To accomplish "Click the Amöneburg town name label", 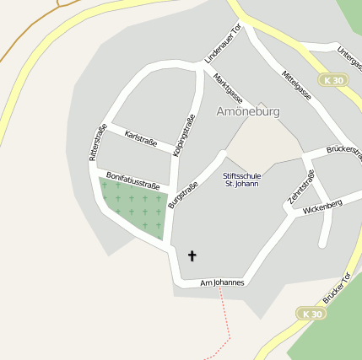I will point(248,111).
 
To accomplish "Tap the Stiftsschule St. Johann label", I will point(242,180).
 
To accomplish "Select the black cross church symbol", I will point(192,255).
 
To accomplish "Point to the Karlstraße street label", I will point(140,138).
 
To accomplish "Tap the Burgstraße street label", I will point(183,195).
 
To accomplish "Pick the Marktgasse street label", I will point(228,89).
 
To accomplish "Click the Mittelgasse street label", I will point(297,85).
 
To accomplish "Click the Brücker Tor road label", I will point(337,288).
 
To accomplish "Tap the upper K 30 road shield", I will point(333,80).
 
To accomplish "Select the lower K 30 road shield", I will point(311,314).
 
